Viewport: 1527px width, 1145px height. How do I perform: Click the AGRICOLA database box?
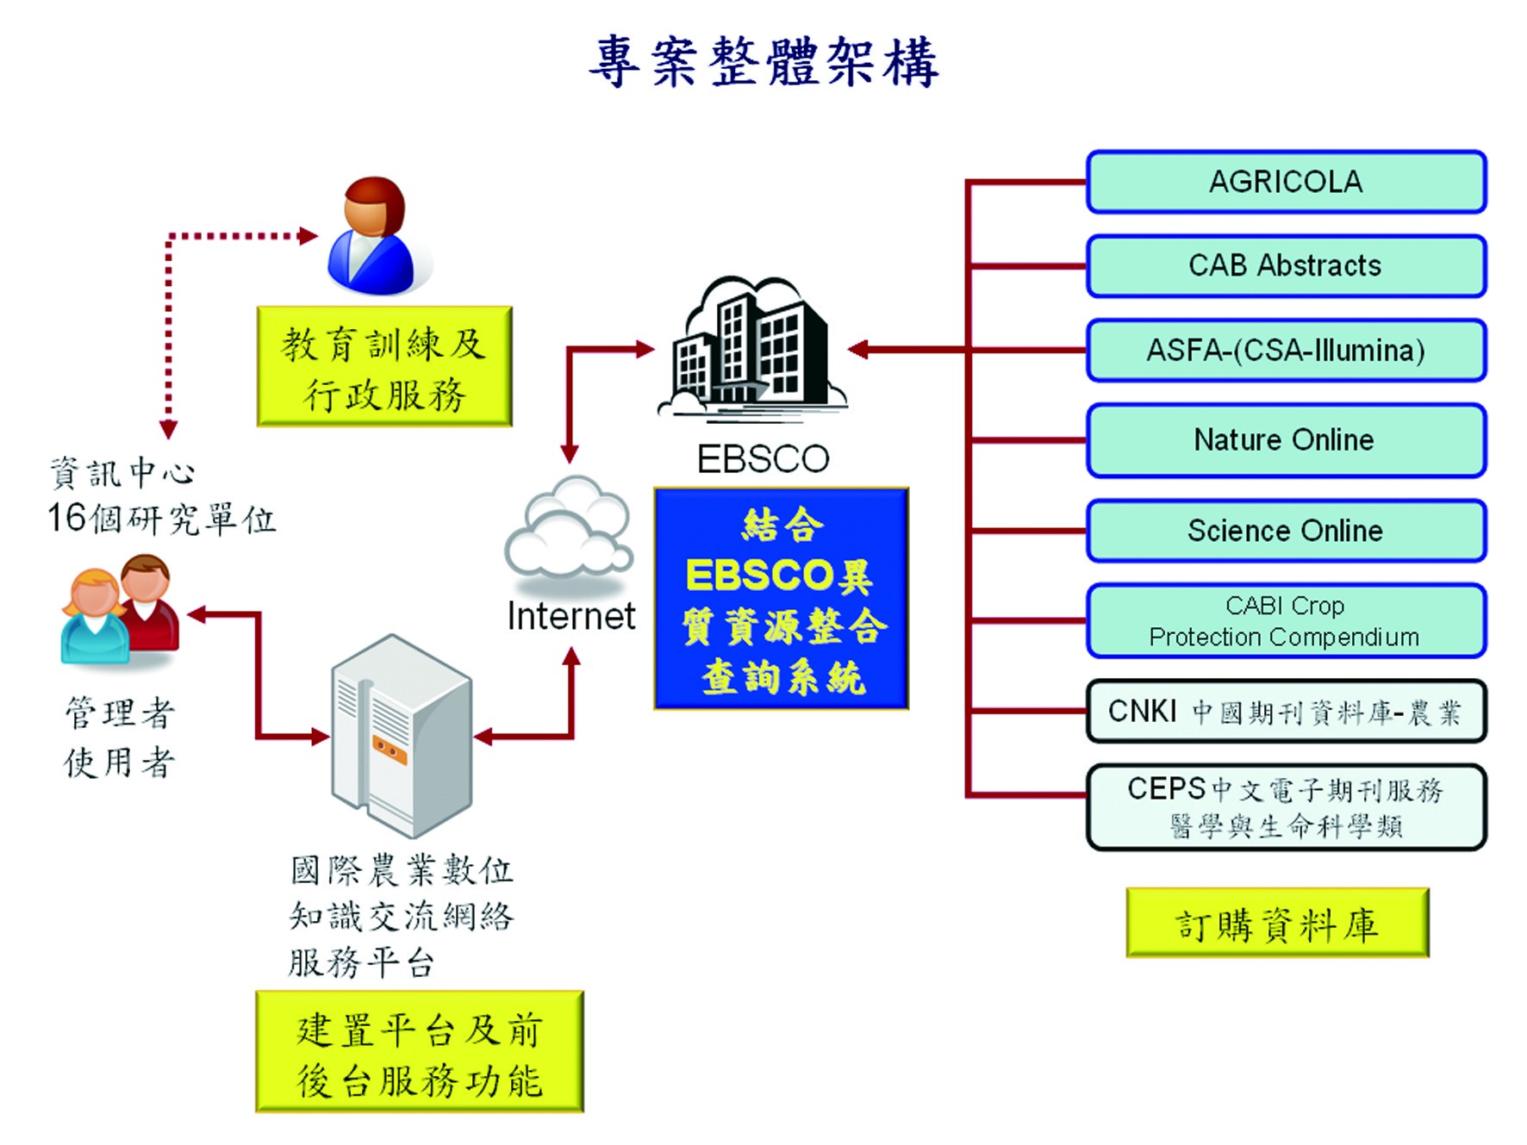click(1286, 182)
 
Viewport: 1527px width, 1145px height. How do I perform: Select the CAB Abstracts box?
click(1286, 266)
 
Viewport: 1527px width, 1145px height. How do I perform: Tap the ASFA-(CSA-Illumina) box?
click(1286, 351)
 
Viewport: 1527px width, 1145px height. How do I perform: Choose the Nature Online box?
click(1286, 440)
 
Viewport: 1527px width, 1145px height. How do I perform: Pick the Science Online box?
click(1286, 531)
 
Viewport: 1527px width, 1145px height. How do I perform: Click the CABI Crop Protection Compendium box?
click(1286, 621)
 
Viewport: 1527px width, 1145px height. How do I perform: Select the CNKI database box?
click(1286, 712)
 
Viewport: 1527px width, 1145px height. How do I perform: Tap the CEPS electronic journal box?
click(1286, 807)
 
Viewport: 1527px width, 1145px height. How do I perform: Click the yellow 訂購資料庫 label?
click(1277, 924)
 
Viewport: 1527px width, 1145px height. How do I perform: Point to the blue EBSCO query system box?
click(781, 599)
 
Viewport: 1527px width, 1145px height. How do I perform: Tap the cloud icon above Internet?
click(569, 527)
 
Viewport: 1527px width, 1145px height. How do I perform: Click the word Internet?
click(570, 617)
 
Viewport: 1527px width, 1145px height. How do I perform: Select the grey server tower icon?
click(402, 735)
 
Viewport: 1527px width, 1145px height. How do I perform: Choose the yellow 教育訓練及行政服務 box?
click(384, 367)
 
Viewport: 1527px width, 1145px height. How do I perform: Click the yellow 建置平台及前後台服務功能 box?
click(420, 1053)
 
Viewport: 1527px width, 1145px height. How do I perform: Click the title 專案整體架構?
click(763, 62)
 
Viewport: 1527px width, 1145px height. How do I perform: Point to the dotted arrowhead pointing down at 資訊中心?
click(169, 429)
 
